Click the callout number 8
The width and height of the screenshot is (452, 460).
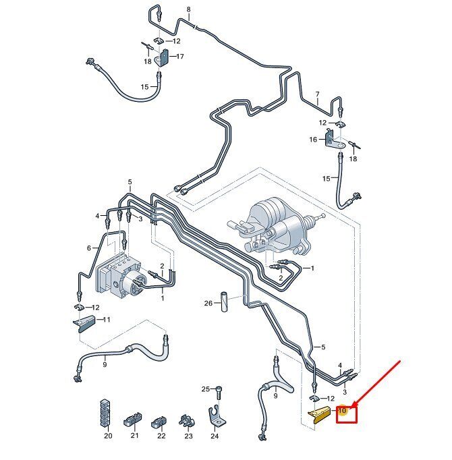pyautogui.click(x=188, y=9)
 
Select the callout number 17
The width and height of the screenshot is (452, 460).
pyautogui.click(x=179, y=56)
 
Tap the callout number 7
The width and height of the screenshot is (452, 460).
pyautogui.click(x=317, y=94)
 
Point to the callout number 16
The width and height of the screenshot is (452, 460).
pyautogui.click(x=313, y=140)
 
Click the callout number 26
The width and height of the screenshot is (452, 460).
pyautogui.click(x=208, y=303)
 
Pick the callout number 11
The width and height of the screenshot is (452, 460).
pyautogui.click(x=106, y=319)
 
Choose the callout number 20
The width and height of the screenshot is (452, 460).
pyautogui.click(x=108, y=436)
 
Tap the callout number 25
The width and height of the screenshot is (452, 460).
pyautogui.click(x=206, y=389)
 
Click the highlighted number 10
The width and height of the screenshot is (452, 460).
pyautogui.click(x=342, y=410)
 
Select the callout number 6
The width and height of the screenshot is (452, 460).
pyautogui.click(x=89, y=248)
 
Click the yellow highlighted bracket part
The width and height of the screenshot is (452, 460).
pyautogui.click(x=318, y=415)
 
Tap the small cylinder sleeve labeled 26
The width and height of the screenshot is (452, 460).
pyautogui.click(x=225, y=301)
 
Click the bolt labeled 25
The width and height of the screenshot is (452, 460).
pyautogui.click(x=219, y=392)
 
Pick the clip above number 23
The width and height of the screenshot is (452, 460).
pyautogui.click(x=186, y=422)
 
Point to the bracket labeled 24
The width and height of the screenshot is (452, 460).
pyautogui.click(x=217, y=415)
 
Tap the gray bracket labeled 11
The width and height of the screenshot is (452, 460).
pyautogui.click(x=84, y=324)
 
